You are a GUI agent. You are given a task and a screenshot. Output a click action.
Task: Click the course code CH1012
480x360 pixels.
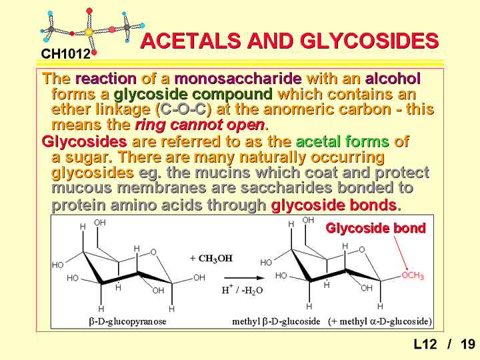66,54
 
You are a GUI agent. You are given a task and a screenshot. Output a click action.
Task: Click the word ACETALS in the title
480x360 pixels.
191,41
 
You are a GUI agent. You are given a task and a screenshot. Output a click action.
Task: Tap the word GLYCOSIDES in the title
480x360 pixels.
369,41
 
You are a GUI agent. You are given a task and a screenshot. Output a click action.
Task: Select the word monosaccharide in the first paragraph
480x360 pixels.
238,79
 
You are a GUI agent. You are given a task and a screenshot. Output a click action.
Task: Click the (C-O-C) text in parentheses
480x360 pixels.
183,109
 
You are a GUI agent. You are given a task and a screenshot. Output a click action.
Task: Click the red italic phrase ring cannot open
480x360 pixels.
200,125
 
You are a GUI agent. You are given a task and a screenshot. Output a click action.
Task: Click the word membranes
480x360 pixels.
161,187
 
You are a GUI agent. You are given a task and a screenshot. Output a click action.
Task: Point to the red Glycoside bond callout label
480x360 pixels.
375,228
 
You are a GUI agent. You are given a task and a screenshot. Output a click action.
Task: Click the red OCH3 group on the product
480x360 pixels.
413,275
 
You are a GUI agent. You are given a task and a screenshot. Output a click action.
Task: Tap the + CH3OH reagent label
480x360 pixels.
211,259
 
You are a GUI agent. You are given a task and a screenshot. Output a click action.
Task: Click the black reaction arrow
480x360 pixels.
244,278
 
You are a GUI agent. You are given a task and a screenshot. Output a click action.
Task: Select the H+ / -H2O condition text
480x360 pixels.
242,289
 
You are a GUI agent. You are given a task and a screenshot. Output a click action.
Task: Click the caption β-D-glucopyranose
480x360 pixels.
127,321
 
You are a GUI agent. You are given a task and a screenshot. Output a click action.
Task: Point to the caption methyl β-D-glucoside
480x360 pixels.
276,321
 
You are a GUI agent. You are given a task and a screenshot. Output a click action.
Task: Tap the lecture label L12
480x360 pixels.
425,344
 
